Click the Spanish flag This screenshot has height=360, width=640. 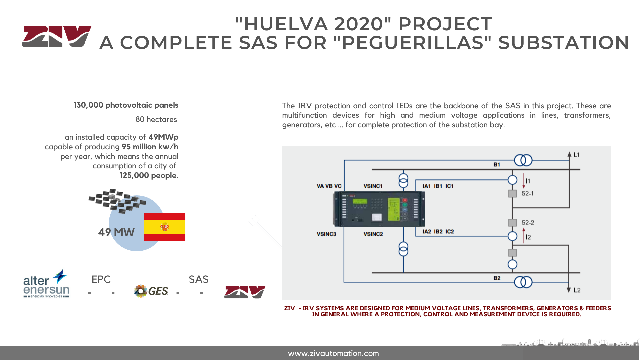(165, 227)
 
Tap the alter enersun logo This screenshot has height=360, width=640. (46, 283)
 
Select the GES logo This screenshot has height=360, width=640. (151, 291)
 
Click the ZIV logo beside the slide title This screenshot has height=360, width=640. (57, 36)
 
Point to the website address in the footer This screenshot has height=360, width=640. (333, 353)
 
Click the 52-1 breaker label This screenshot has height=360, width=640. (528, 193)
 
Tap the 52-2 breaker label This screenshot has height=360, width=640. (528, 223)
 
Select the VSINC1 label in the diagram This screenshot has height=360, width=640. (373, 186)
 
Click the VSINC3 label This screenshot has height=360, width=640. (326, 234)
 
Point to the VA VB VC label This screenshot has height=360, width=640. (329, 186)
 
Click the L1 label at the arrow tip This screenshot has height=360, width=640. (577, 155)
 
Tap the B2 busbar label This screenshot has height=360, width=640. (497, 278)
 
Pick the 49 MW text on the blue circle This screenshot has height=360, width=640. (116, 232)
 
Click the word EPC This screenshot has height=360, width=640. (101, 279)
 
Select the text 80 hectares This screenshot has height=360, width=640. (156, 119)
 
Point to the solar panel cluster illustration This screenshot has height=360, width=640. (117, 201)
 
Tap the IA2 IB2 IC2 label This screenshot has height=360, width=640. (438, 232)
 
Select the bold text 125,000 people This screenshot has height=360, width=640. (148, 175)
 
